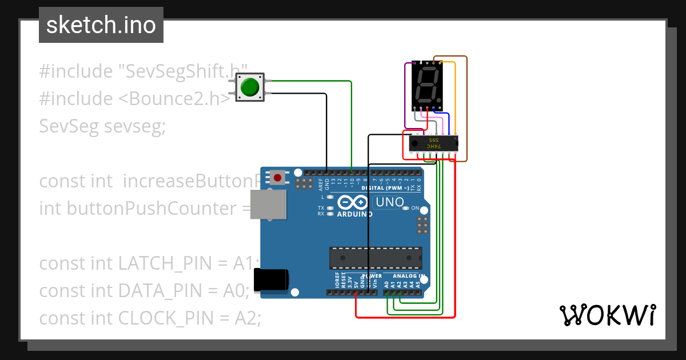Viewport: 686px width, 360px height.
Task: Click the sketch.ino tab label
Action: click(x=101, y=25)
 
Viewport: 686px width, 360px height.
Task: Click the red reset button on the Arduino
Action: click(x=278, y=178)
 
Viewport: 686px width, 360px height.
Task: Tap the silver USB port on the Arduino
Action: click(x=268, y=205)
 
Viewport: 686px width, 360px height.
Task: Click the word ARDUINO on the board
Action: click(x=354, y=214)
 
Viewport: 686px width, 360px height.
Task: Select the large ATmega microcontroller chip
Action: click(x=376, y=258)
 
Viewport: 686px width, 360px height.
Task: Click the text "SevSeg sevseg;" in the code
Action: click(x=102, y=126)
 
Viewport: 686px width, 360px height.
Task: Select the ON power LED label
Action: click(x=416, y=208)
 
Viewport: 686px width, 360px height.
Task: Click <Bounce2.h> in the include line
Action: click(x=174, y=98)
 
